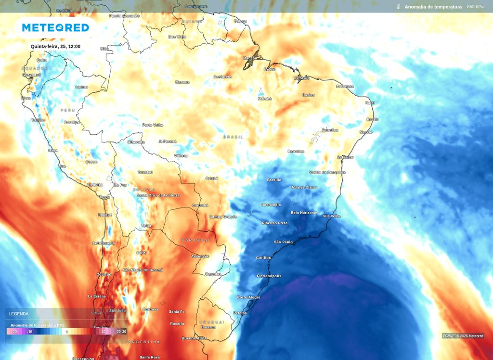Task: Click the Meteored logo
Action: [55, 28]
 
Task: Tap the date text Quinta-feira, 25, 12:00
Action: [55, 46]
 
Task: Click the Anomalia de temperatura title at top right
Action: [433, 7]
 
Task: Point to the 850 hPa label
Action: [475, 7]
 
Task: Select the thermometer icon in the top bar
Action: [399, 7]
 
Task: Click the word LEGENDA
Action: [19, 314]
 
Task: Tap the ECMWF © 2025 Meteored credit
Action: [463, 336]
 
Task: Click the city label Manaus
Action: [182, 82]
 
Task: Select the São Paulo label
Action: [284, 242]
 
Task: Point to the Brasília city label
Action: [274, 180]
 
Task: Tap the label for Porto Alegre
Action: [248, 297]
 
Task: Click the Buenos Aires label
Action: [194, 338]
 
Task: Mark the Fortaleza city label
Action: [345, 87]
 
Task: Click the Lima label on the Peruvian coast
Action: [52, 151]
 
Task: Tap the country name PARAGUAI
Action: [196, 240]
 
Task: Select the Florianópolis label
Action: [269, 276]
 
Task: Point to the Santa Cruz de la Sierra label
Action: [158, 195]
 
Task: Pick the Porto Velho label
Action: [153, 125]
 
